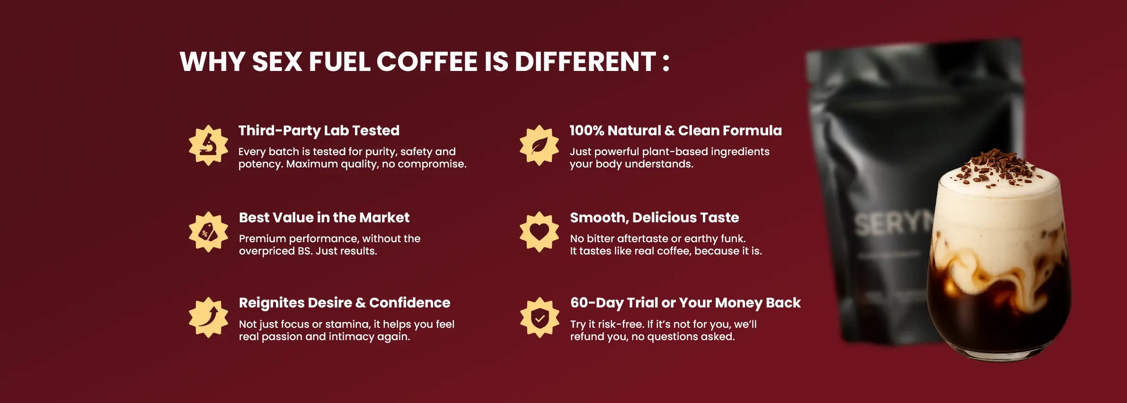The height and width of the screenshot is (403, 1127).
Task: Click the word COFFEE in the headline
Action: point(427,61)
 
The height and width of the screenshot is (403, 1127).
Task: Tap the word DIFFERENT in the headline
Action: point(585,61)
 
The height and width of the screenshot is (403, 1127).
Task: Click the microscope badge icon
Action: point(208,145)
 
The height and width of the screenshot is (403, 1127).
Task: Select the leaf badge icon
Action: point(539,145)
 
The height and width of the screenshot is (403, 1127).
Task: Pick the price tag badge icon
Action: point(208,232)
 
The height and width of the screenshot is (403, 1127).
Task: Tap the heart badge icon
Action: point(539,232)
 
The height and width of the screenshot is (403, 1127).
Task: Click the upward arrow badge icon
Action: point(208,317)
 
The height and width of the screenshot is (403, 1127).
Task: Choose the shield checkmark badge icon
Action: point(539,317)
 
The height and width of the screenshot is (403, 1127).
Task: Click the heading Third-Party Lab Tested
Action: point(319,131)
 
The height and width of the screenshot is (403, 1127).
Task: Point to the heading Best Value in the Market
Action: point(324,218)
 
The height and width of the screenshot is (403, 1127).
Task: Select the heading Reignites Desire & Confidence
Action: point(345,303)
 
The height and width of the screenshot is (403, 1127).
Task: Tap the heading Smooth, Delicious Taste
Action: point(654,218)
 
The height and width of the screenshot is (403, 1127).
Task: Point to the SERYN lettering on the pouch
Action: point(892,223)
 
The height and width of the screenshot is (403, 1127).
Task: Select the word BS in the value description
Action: point(304,251)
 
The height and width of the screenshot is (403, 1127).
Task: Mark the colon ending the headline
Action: point(666,62)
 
